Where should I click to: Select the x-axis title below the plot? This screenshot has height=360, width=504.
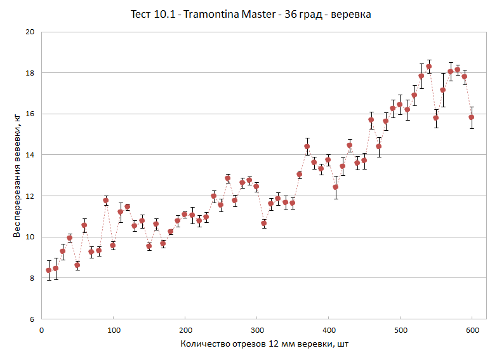tap(264, 344)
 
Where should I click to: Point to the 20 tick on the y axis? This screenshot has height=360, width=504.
tap(29, 32)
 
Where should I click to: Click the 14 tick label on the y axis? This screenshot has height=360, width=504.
tap(29, 155)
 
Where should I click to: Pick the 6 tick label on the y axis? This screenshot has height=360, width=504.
tap(32, 319)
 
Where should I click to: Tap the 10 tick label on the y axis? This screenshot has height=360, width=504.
tap(29, 237)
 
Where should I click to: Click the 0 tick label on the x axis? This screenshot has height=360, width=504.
tap(41, 330)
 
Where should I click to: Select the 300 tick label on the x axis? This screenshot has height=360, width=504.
tap(257, 330)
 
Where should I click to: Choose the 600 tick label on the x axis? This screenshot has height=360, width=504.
tap(473, 330)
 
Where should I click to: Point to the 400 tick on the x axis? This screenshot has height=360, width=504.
tap(329, 330)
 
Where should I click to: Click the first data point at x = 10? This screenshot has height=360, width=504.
tap(49, 270)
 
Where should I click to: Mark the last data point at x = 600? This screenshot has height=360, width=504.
tap(472, 117)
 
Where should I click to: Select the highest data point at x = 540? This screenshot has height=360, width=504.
tap(429, 66)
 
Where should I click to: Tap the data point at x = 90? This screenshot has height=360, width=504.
tap(106, 201)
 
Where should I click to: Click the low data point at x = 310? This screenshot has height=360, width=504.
tap(264, 223)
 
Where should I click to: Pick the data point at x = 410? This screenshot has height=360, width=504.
tap(336, 187)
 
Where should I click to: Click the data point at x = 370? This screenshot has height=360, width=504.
tap(307, 147)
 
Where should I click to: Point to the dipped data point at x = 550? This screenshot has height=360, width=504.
tap(436, 117)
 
